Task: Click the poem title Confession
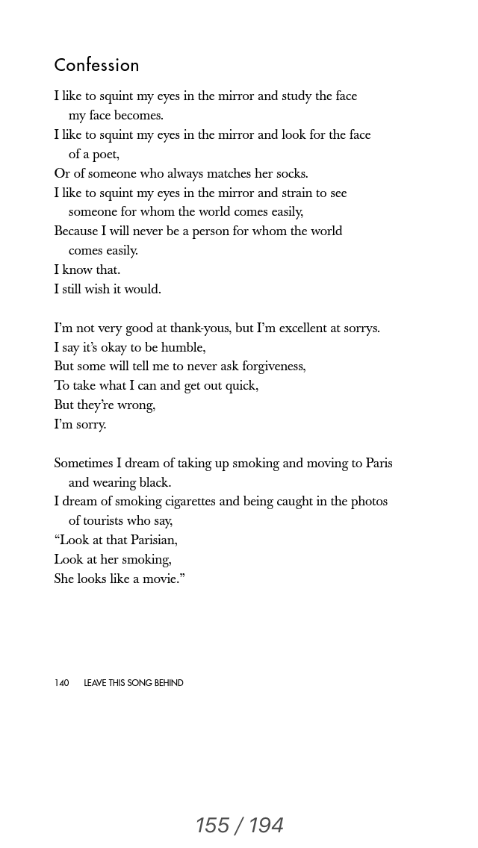click(96, 66)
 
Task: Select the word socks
click(291, 174)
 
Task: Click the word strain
click(280, 193)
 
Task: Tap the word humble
click(184, 348)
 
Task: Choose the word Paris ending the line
click(379, 464)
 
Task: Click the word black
click(155, 483)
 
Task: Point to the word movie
click(162, 579)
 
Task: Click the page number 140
click(61, 683)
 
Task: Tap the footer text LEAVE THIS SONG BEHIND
click(134, 683)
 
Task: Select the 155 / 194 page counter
click(239, 825)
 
